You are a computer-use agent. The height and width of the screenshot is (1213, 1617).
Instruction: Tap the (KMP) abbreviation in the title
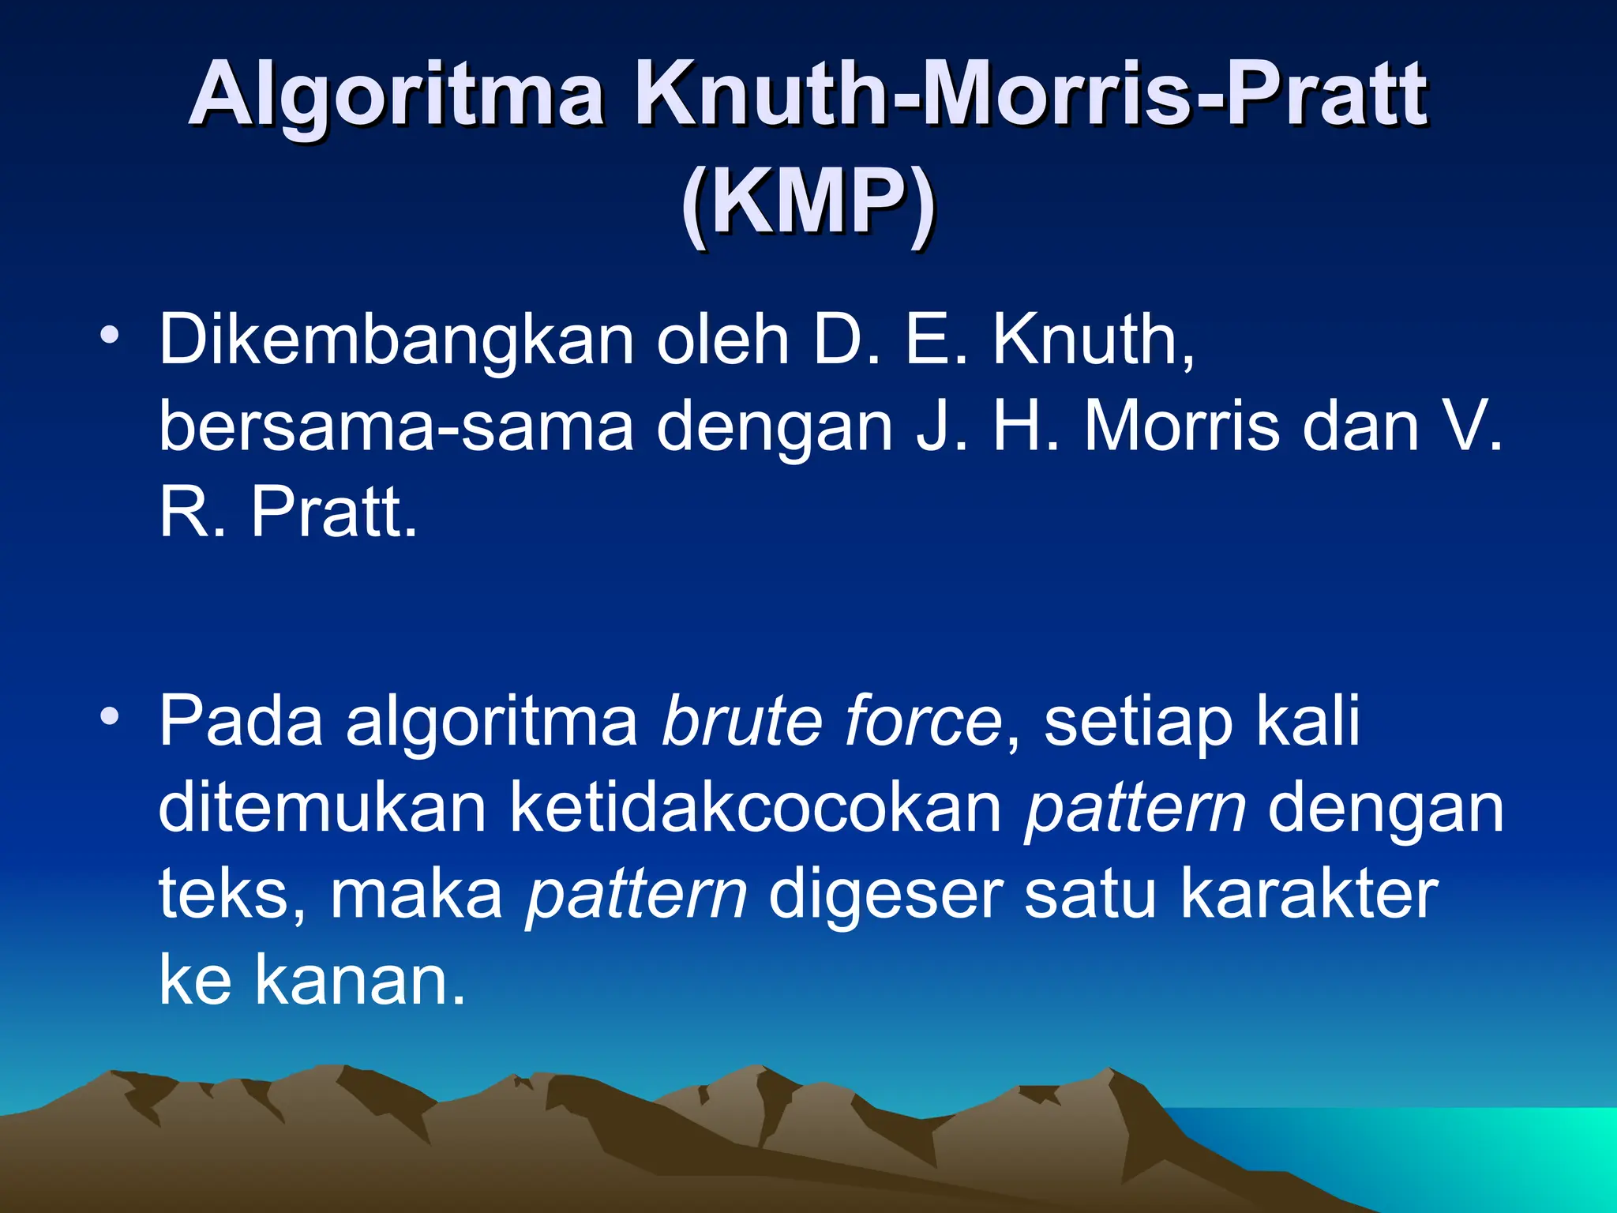click(808, 204)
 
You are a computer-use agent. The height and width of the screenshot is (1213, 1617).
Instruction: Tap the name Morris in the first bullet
click(1181, 427)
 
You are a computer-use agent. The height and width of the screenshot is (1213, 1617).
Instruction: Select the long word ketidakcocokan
click(755, 807)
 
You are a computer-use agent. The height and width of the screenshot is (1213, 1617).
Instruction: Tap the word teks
click(225, 894)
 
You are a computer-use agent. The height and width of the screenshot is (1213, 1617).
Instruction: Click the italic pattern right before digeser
click(636, 896)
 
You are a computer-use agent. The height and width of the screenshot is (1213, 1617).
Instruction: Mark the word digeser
click(884, 896)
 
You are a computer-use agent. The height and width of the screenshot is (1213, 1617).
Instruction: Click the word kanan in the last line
click(359, 980)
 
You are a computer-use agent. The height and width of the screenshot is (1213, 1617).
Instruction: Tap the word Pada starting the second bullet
click(241, 721)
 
